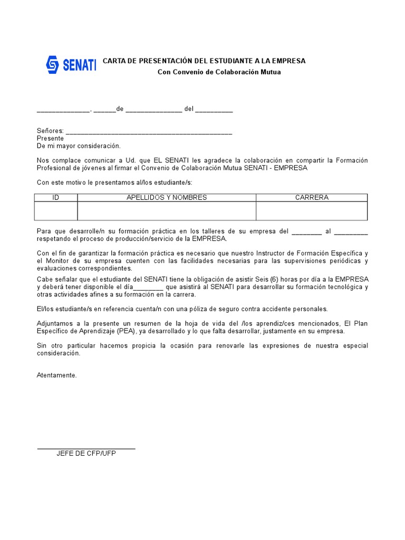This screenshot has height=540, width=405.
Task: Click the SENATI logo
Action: (71, 65)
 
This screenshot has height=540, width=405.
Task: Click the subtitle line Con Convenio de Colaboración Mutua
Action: (219, 72)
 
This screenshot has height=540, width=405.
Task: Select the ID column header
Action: (56, 198)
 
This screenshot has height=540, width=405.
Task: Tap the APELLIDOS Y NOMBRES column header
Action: (167, 198)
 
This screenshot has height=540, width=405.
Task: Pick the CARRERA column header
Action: (312, 198)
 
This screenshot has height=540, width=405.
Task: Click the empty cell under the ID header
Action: (56, 211)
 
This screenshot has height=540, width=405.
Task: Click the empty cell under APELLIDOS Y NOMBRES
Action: (167, 211)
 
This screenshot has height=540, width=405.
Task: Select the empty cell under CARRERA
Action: (312, 211)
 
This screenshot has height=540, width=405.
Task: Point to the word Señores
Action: (50, 131)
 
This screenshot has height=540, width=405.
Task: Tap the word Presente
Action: (50, 138)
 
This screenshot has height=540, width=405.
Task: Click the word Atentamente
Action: (56, 375)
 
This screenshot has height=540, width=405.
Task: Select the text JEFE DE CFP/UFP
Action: (86, 454)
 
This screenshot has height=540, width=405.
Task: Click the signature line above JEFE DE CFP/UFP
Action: (86, 448)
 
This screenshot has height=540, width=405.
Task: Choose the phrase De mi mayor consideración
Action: (79, 146)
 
